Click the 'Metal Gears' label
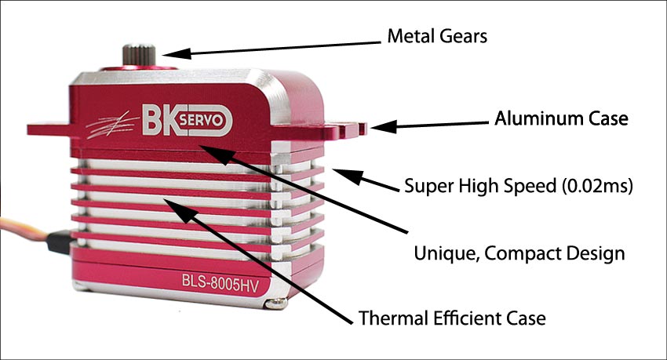pos(437,36)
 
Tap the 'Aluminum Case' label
pos(561,118)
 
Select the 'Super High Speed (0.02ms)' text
pos(519,186)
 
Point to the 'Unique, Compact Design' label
pos(519,253)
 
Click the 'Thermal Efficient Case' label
pos(452,318)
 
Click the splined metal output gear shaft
pos(139,55)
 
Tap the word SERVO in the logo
pos(201,120)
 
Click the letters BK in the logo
pos(159,120)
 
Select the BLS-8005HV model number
pos(220,283)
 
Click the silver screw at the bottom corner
pos(275,303)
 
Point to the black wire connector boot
pos(60,242)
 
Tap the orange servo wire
pos(24,227)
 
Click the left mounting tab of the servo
pos(49,129)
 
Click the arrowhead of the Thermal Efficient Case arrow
pos(180,209)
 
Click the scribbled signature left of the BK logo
pos(112,125)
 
